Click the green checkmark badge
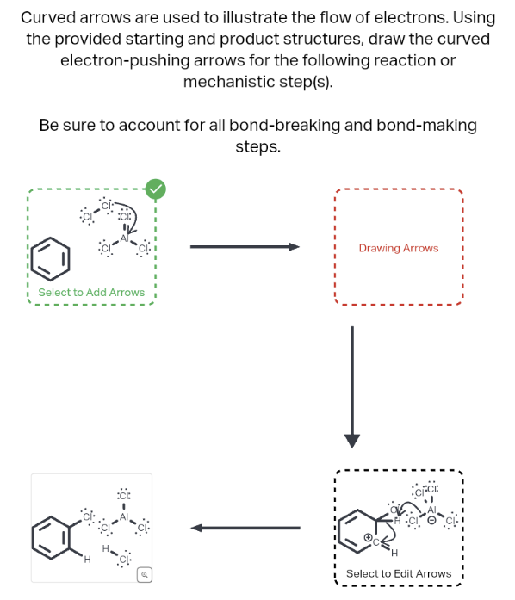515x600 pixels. pos(155,189)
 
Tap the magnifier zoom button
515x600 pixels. pos(146,573)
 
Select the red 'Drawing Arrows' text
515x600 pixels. pos(398,248)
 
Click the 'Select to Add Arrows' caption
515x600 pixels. pos(91,293)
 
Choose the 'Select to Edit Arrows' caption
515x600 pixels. pos(398,573)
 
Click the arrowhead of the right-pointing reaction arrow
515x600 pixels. pos(294,247)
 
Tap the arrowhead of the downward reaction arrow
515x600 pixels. pos(351,441)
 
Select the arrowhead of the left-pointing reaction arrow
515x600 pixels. pos(197,528)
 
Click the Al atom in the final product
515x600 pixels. pos(124,518)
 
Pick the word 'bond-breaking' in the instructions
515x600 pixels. pos(285,126)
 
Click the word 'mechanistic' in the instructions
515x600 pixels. pos(226,83)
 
